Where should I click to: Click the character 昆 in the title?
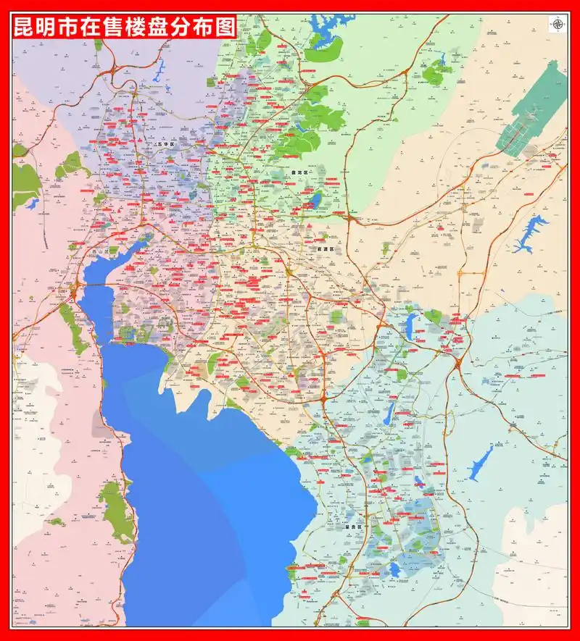(27, 29)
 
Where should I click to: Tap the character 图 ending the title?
(227, 29)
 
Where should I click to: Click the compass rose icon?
(558, 25)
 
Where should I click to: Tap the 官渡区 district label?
(326, 249)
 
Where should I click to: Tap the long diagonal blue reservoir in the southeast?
(481, 462)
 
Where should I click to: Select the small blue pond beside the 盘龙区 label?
(315, 199)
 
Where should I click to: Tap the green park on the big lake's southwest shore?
(115, 511)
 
